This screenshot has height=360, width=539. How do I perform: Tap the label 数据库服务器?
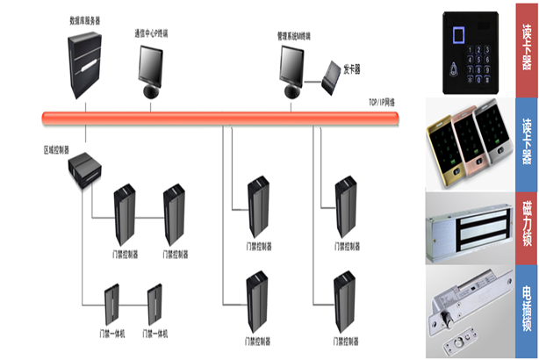coord(83,18)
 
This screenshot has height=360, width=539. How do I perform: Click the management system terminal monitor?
coord(293,67)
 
